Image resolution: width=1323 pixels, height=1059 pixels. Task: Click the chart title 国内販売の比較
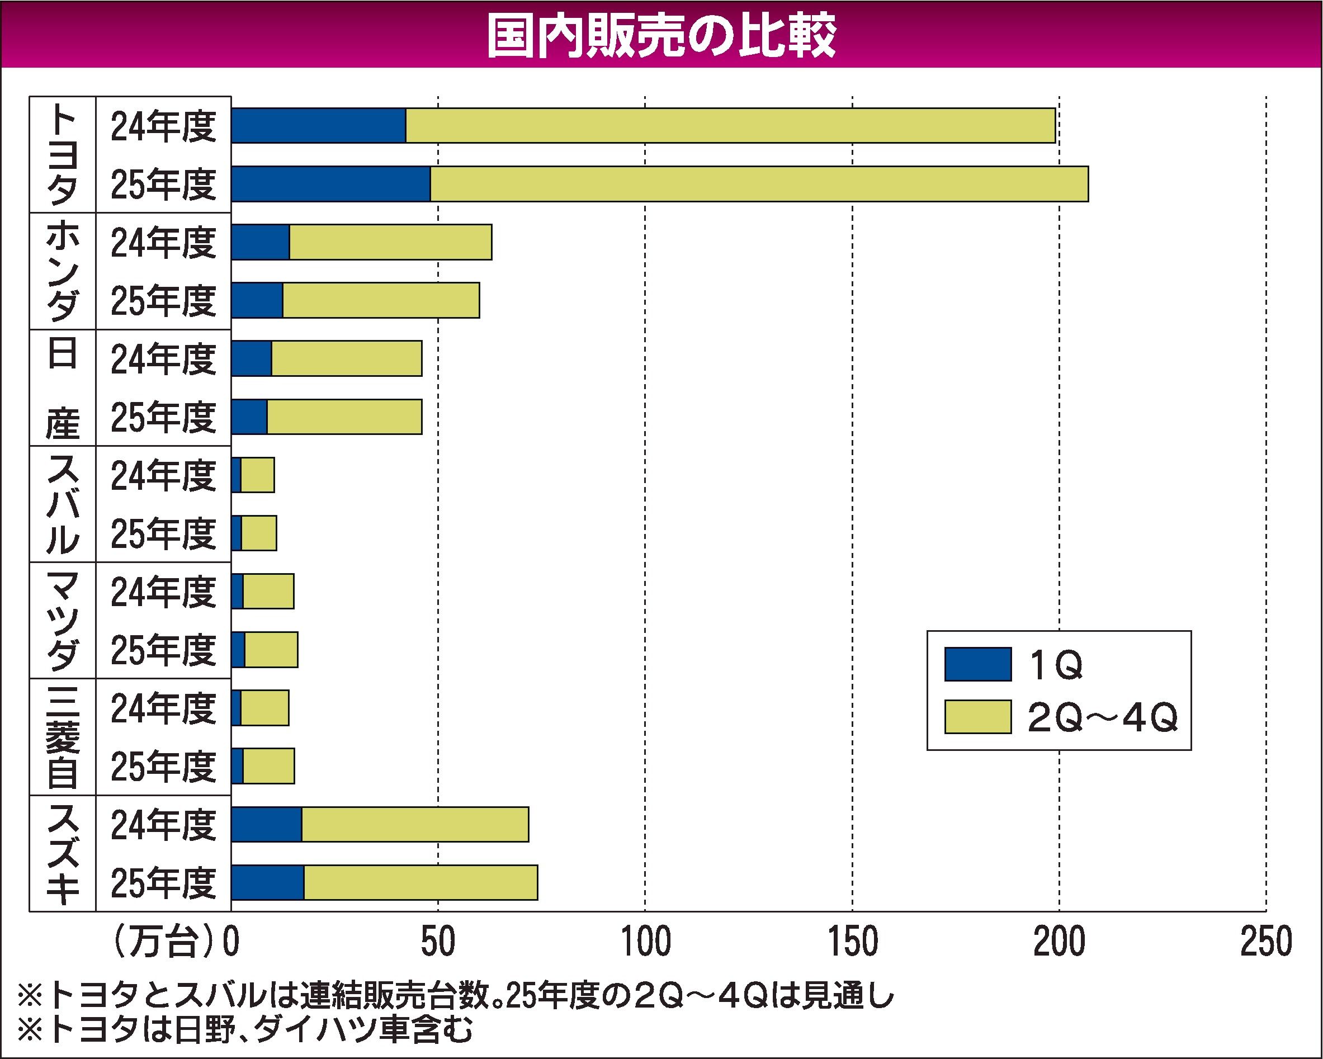click(x=661, y=36)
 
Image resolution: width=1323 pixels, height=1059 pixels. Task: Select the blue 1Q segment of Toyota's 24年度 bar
click(x=319, y=126)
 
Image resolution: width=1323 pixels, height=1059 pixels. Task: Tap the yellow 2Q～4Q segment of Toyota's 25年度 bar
click(x=759, y=183)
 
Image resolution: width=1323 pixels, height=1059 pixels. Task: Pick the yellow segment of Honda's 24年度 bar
click(x=390, y=242)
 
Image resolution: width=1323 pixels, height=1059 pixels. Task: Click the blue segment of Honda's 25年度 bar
click(x=257, y=300)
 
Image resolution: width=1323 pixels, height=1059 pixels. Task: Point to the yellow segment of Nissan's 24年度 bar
click(x=347, y=358)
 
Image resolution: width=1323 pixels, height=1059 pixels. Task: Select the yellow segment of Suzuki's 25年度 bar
click(x=420, y=883)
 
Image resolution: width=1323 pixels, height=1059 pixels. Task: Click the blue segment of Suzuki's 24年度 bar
click(x=266, y=825)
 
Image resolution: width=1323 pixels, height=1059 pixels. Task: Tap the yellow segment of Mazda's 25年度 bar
click(x=271, y=650)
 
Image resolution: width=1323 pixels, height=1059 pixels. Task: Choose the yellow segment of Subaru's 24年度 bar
click(x=257, y=475)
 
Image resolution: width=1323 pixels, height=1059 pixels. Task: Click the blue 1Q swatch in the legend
click(x=977, y=664)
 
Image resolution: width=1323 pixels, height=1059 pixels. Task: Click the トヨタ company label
click(x=63, y=155)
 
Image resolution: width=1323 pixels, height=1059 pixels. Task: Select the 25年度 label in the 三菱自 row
click(x=163, y=767)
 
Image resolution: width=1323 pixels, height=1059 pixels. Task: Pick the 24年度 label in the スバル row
click(x=163, y=475)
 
